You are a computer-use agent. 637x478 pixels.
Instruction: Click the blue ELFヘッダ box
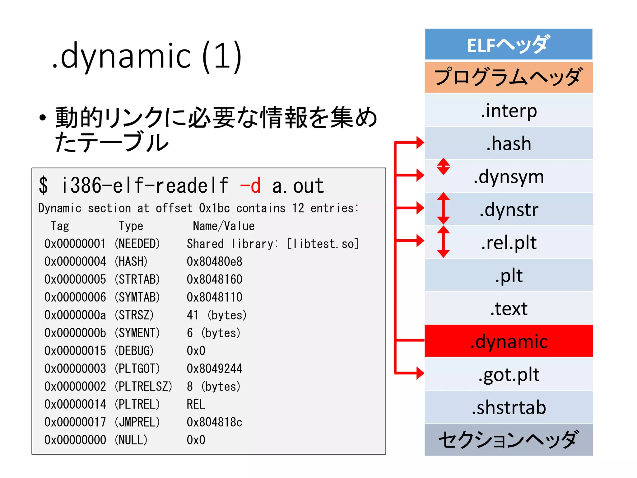pyautogui.click(x=509, y=44)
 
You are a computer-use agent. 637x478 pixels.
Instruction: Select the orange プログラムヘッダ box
pyautogui.click(x=509, y=77)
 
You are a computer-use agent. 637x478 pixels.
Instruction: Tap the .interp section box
pyautogui.click(x=509, y=110)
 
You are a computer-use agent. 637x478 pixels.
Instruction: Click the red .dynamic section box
pyautogui.click(x=509, y=341)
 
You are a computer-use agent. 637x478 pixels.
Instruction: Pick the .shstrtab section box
pyautogui.click(x=509, y=407)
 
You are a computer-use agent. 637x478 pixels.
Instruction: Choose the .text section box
pyautogui.click(x=509, y=308)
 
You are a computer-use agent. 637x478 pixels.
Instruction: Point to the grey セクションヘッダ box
pyautogui.click(x=509, y=439)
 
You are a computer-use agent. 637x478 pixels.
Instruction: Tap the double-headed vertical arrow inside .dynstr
pyautogui.click(x=443, y=209)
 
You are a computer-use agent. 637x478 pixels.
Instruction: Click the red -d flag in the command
pyautogui.click(x=250, y=186)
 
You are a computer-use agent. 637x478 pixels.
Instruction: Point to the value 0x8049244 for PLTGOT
pyautogui.click(x=214, y=368)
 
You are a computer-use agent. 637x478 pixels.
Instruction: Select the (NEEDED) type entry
pyautogui.click(x=137, y=244)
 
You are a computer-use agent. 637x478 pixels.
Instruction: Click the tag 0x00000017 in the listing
pyautogui.click(x=75, y=422)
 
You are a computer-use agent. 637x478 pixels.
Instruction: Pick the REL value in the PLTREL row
pyautogui.click(x=196, y=404)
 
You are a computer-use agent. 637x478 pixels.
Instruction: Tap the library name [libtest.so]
pyautogui.click(x=323, y=244)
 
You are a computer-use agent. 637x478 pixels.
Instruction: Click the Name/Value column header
pyautogui.click(x=224, y=226)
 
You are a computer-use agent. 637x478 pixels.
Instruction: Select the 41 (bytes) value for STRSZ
pyautogui.click(x=216, y=315)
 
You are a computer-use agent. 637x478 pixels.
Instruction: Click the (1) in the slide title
pyautogui.click(x=222, y=56)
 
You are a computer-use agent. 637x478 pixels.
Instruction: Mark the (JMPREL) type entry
pyautogui.click(x=137, y=422)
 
